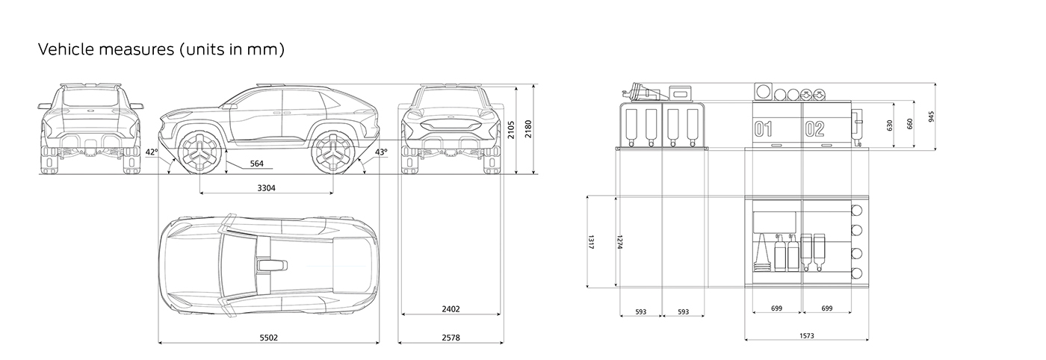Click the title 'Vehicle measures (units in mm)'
(161, 50)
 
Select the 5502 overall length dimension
(269, 338)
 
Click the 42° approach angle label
(152, 152)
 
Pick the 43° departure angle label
(381, 152)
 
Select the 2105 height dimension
(512, 130)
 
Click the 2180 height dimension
(529, 130)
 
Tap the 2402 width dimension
(451, 308)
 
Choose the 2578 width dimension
(451, 338)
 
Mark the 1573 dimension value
(806, 336)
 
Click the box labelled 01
(763, 128)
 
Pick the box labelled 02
(814, 128)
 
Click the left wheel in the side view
(200, 153)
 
